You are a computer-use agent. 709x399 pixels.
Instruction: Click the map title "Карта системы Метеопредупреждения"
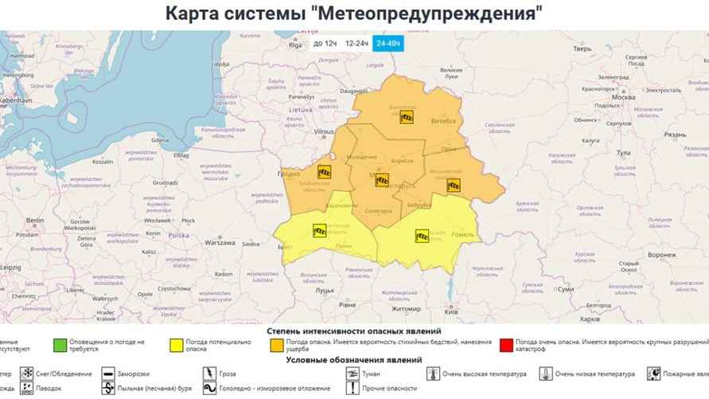(x=354, y=14)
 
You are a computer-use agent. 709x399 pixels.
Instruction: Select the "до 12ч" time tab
(x=324, y=43)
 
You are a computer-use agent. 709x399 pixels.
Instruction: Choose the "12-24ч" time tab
(x=356, y=43)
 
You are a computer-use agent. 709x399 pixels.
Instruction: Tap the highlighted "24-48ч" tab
(x=388, y=43)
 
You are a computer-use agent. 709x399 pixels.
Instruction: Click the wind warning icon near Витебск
(x=407, y=117)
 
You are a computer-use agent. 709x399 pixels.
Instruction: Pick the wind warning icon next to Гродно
(x=324, y=171)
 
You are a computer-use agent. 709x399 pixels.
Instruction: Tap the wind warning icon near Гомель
(x=422, y=235)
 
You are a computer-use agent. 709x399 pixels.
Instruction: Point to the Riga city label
(x=296, y=45)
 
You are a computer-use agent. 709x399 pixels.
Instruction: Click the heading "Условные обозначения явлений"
(x=354, y=360)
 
